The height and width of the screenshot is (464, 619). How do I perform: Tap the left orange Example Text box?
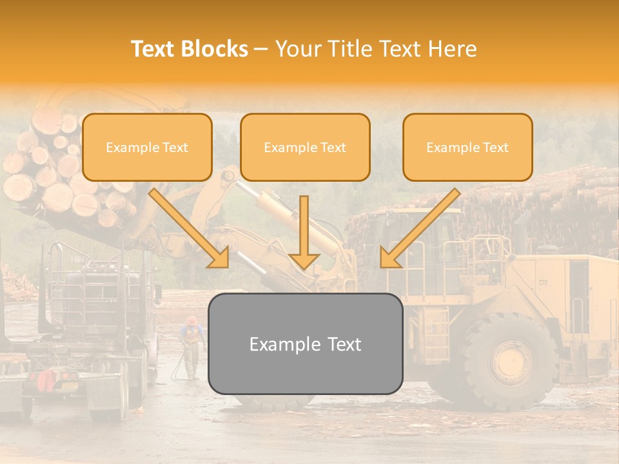coord(147,148)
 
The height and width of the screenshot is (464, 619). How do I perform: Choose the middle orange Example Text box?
coord(305,148)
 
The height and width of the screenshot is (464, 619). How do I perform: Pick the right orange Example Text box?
coord(467,148)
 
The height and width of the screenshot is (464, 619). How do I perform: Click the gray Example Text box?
coord(305,344)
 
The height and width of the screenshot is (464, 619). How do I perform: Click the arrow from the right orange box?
coord(419,229)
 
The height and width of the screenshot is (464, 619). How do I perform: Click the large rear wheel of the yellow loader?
coord(509,361)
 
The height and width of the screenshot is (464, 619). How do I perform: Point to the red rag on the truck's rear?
coord(47,380)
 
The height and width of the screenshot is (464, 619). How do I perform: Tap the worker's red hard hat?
coord(192,320)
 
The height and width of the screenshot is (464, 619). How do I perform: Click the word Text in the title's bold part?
coord(154,49)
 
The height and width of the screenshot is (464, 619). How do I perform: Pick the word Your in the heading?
coord(299,49)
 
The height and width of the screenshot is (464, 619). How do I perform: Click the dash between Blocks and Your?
coord(261,49)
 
